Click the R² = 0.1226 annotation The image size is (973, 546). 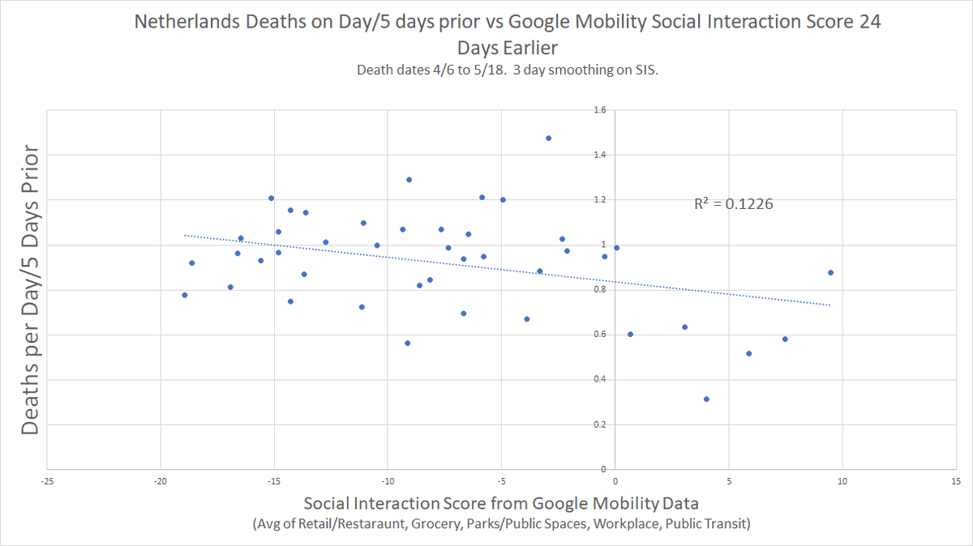733,204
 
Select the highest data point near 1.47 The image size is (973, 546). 548,139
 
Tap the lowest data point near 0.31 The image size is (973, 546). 706,399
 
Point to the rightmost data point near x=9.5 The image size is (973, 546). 830,273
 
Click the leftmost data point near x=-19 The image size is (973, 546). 185,295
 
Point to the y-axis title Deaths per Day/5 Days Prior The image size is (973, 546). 30,289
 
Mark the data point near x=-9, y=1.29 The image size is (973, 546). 409,180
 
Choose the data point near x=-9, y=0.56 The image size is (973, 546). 407,343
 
